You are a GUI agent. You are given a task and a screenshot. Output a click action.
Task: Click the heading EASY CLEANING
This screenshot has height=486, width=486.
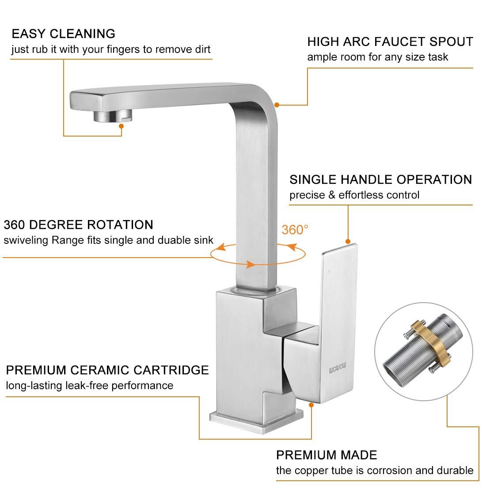(63, 34)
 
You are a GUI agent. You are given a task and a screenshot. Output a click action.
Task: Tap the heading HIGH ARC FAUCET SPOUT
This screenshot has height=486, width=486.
(390, 42)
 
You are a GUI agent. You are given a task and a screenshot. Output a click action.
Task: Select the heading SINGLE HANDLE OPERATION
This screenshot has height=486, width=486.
(380, 179)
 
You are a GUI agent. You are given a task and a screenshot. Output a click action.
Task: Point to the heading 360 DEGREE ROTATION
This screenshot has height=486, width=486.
(78, 224)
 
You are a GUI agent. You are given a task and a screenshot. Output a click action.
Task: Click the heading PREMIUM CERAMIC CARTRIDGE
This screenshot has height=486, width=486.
(107, 369)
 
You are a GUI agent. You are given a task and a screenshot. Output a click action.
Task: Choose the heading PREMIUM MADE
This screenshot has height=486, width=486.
(327, 455)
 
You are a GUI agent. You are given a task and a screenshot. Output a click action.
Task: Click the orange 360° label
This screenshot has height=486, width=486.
(295, 230)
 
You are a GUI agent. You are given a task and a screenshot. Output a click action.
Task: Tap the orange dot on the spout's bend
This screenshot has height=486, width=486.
(277, 105)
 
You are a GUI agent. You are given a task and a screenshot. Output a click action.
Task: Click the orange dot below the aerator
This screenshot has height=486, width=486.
(122, 126)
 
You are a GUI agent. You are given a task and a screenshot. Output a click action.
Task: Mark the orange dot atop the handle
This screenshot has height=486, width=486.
(348, 241)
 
